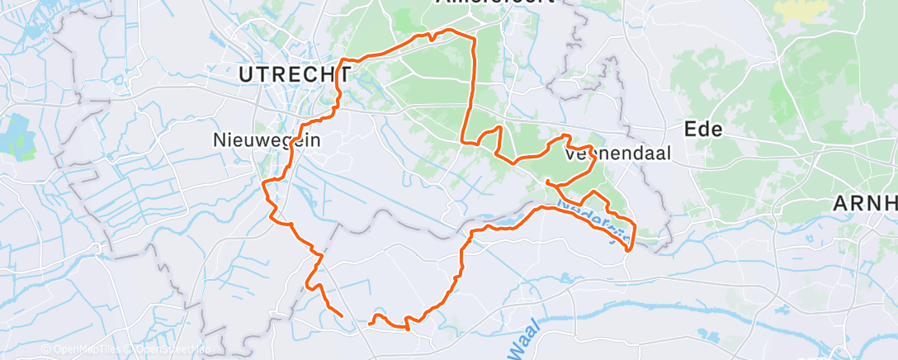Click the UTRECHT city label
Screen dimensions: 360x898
291,74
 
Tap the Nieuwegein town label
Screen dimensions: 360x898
266,140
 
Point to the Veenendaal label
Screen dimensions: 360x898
619,153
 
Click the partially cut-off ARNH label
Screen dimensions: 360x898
864,203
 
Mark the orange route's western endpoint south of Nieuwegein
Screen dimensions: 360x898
342,315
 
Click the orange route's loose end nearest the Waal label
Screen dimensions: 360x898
370,322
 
